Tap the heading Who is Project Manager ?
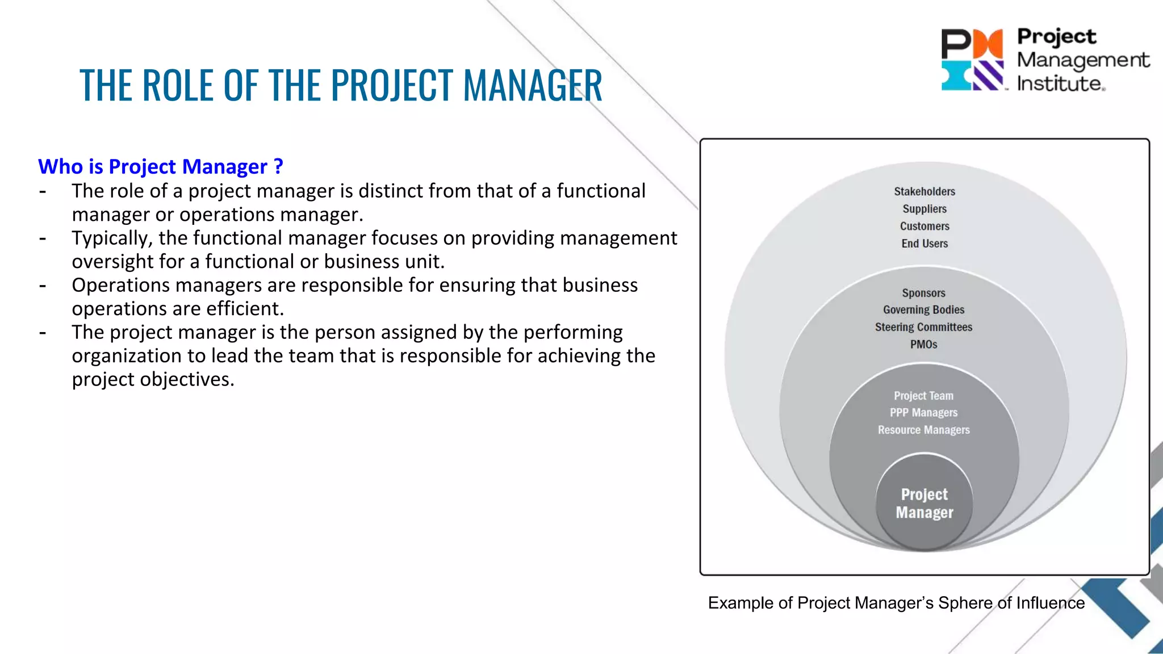[161, 166]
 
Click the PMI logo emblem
[972, 60]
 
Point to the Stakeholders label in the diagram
[924, 191]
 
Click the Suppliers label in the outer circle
[924, 209]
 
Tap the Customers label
[924, 226]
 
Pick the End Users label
[924, 244]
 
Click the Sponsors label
[923, 293]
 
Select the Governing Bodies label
[923, 310]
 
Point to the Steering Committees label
[923, 327]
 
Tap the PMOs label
[923, 344]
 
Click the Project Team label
[923, 396]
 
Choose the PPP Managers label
[923, 413]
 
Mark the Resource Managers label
[923, 430]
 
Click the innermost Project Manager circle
[924, 504]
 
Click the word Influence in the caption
[1050, 603]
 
